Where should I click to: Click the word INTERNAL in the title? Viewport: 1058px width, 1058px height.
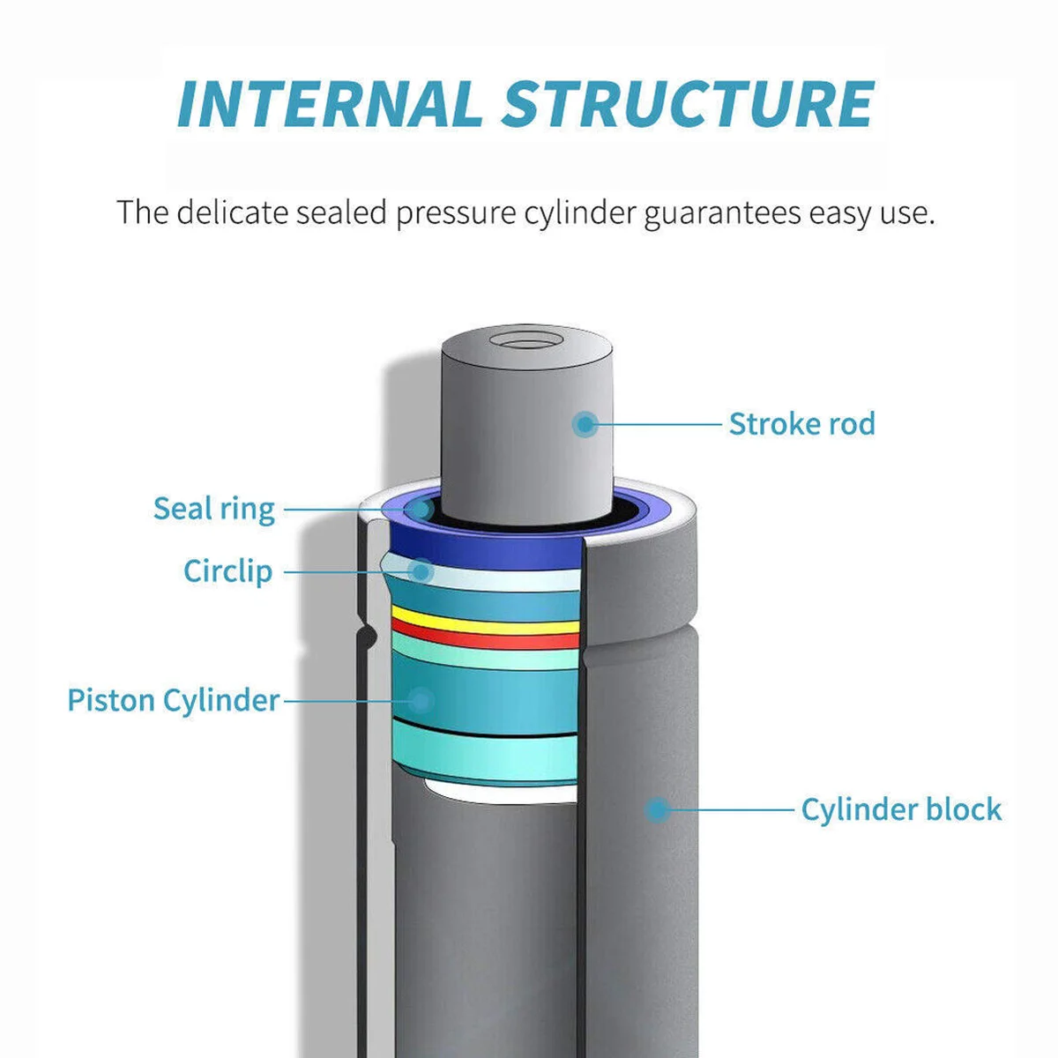330,103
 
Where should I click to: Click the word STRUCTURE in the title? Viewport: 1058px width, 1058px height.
689,103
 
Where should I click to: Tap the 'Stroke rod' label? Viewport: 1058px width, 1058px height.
801,424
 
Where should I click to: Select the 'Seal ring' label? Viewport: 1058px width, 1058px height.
214,509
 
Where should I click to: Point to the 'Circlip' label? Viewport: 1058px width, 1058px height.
227,571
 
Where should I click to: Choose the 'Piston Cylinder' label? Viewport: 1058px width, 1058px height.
174,700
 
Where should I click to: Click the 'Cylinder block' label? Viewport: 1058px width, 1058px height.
901,809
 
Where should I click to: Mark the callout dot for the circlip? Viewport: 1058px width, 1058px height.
421,571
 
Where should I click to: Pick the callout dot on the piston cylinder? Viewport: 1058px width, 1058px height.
421,701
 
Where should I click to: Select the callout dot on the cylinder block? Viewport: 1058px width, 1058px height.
657,808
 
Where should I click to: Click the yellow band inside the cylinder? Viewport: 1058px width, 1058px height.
485,620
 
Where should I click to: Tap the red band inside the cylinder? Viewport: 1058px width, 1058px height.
485,637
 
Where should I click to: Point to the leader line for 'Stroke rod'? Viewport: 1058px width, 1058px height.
657,424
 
